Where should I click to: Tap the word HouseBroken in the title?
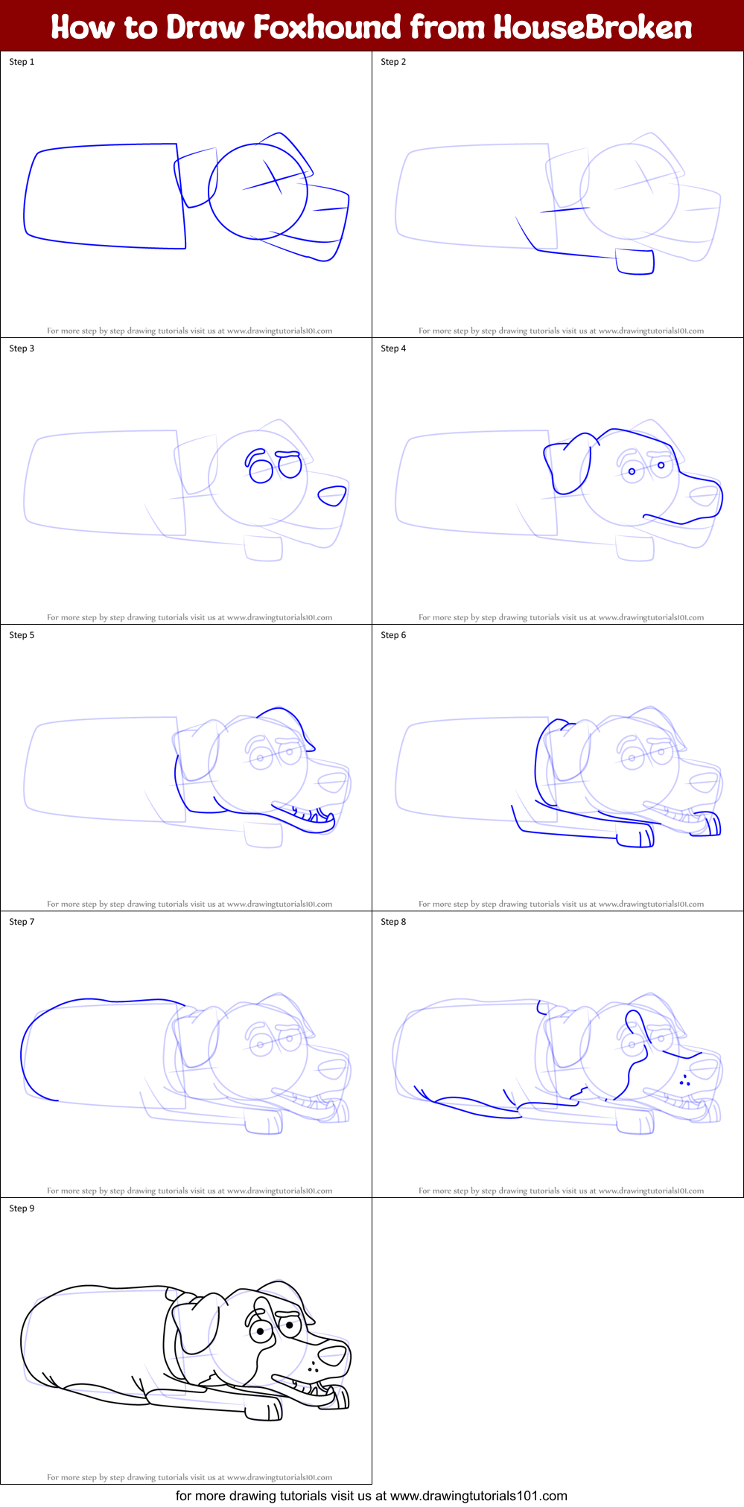593,27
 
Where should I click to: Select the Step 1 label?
22,62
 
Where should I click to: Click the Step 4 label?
393,348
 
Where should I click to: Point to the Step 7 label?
22,922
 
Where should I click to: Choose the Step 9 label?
22,1208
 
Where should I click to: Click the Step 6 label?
393,635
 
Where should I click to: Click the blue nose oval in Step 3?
332,495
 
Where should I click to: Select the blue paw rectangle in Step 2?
635,261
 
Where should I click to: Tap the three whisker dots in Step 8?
684,1080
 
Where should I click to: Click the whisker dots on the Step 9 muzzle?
314,1366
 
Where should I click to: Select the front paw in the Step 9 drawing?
264,1409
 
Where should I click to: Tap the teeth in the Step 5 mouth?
317,818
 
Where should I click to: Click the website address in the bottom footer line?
478,1496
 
